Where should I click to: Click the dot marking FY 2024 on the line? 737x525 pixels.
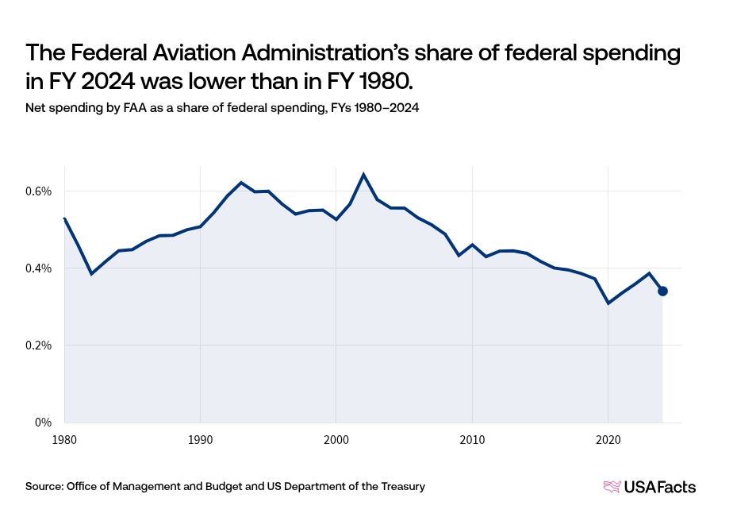coord(663,291)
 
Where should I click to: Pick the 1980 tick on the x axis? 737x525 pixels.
coord(64,438)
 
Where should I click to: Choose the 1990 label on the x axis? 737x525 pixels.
coord(200,438)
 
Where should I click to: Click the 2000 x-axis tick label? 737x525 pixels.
coord(336,438)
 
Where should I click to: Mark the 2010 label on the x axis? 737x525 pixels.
coord(472,438)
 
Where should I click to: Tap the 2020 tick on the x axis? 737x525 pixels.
coord(608,438)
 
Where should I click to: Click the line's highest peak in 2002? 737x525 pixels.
coord(363,174)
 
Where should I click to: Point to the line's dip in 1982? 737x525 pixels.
coord(91,274)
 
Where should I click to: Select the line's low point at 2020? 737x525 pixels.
coord(608,303)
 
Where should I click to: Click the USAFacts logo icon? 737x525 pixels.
coord(612,487)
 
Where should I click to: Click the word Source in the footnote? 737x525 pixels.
coord(44,486)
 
